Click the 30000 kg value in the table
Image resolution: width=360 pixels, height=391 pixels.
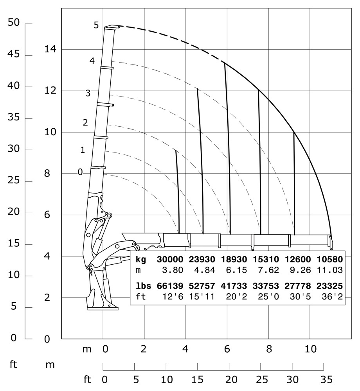pos(170,259)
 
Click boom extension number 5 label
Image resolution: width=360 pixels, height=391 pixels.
pos(96,25)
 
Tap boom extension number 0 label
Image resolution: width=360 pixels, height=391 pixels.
pos(80,172)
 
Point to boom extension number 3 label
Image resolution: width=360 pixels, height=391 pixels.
pos(88,93)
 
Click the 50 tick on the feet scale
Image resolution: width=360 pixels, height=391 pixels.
pos(13,23)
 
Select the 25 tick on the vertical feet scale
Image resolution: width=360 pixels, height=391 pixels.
pos(13,181)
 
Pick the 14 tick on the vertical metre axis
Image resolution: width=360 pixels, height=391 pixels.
pos(50,49)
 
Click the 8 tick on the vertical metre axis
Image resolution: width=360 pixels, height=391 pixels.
pos(47,173)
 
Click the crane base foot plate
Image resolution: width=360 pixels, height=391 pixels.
pos(103,308)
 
